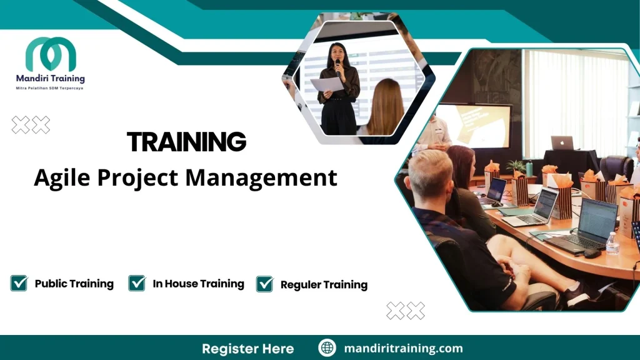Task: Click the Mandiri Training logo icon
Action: point(51,54)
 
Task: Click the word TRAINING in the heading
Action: point(186,142)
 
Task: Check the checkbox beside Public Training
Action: point(19,283)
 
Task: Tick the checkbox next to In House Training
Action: point(137,283)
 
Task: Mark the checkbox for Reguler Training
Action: point(265,284)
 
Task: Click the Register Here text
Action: point(247,349)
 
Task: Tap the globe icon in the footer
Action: point(327,348)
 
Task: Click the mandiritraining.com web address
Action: point(403,349)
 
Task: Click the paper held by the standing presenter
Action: point(327,84)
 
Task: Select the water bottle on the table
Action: point(612,244)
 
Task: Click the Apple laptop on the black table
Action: point(562,143)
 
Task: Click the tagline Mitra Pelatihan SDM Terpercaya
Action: point(49,89)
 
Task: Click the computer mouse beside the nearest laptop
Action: point(591,252)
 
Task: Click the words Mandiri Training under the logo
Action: point(50,79)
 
